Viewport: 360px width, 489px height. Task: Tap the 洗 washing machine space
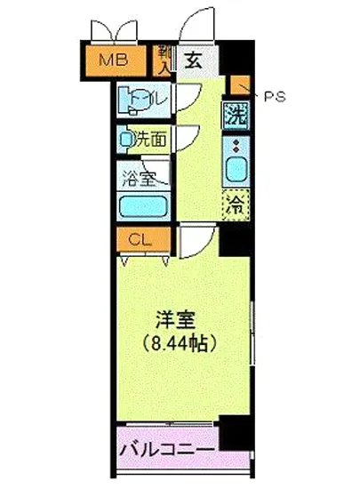point(235,115)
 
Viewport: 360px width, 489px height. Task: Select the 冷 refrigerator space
point(236,204)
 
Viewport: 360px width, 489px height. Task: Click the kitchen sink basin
point(236,170)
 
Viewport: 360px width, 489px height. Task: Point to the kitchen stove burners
point(236,145)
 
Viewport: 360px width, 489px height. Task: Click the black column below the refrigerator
point(236,237)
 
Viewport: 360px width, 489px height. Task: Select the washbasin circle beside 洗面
point(127,139)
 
